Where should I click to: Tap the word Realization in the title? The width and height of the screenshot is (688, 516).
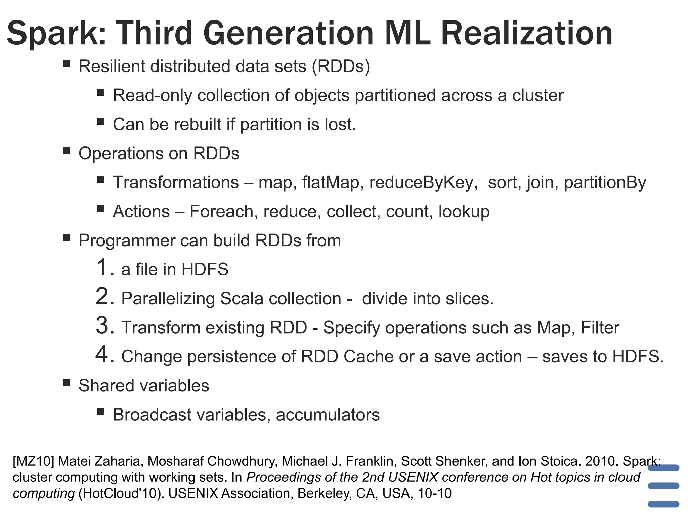[x=526, y=34]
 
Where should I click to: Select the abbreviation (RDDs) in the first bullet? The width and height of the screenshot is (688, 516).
[x=341, y=66]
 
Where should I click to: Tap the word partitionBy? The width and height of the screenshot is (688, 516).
[x=605, y=183]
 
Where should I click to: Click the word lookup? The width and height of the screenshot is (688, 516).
[x=464, y=212]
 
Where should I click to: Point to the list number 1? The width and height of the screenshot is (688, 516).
[x=102, y=267]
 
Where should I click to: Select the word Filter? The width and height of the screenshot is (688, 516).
[x=600, y=328]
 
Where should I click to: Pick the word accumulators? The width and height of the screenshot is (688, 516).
[x=328, y=415]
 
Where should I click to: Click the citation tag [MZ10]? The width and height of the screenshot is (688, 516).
[x=33, y=461]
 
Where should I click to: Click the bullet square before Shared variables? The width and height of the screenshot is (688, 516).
[x=67, y=383]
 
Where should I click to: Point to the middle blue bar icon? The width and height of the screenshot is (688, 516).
[x=663, y=486]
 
